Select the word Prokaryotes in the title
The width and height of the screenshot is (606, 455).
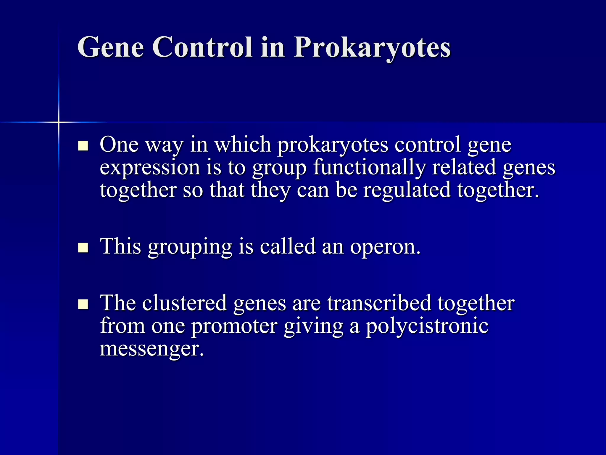[x=372, y=48]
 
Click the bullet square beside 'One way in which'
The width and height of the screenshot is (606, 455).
[x=83, y=146]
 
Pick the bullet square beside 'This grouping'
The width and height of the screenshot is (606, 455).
[x=83, y=247]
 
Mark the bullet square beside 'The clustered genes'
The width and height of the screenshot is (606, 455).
[x=83, y=304]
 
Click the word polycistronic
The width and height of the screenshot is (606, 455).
[x=427, y=326]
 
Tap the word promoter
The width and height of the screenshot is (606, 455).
[x=234, y=326]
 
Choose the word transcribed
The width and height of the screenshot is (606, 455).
[x=379, y=303]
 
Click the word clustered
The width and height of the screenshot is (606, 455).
[x=184, y=303]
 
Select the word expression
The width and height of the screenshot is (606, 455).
[x=150, y=168]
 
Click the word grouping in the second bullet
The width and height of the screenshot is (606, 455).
[x=190, y=247]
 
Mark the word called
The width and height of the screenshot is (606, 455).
[x=288, y=246]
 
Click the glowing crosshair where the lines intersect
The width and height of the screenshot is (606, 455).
[x=59, y=122]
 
